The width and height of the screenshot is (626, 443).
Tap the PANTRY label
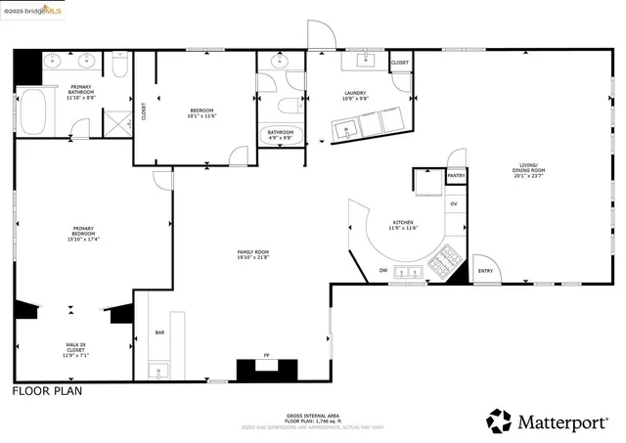pos(456,176)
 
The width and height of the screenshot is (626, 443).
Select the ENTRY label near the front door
pos(484,271)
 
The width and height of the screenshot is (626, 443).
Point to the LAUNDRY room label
pos(355,93)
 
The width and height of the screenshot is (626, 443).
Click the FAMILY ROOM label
pos(252,252)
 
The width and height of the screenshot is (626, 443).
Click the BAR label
pos(159,333)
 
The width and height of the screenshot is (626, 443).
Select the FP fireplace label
pos(265,355)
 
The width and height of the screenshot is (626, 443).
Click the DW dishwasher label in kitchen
pos(382,270)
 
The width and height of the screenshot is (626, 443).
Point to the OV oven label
pos(454,203)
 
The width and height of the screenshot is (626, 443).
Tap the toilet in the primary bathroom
pos(118,66)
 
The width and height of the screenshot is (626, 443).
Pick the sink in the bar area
pos(157,371)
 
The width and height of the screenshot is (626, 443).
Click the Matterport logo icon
pos(499,421)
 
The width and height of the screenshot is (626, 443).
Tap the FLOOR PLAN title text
pos(47,391)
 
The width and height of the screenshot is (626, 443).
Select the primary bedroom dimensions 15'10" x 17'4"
pos(83,239)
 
